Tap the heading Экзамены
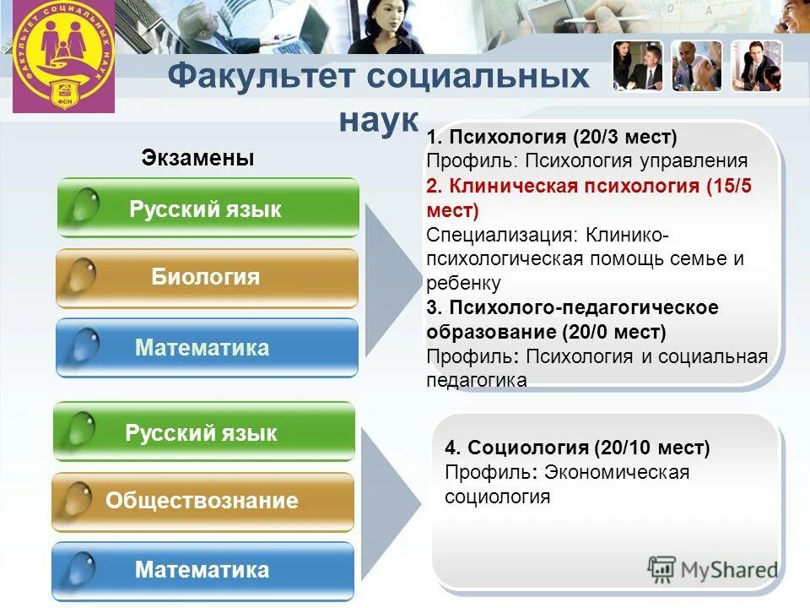tap(197, 158)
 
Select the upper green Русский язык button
tap(208, 209)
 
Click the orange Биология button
tap(207, 278)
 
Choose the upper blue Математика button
tap(207, 348)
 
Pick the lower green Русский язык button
tap(203, 433)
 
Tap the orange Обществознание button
tap(202, 502)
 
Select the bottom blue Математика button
tap(202, 570)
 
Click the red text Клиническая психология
tap(574, 186)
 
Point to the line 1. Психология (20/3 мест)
tap(552, 137)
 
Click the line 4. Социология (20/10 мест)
tap(577, 448)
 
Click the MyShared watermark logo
tap(713, 570)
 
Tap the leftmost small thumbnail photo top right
tap(639, 66)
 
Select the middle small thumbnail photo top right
tap(697, 66)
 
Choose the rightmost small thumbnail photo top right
tap(756, 66)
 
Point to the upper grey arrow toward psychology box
tap(392, 279)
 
